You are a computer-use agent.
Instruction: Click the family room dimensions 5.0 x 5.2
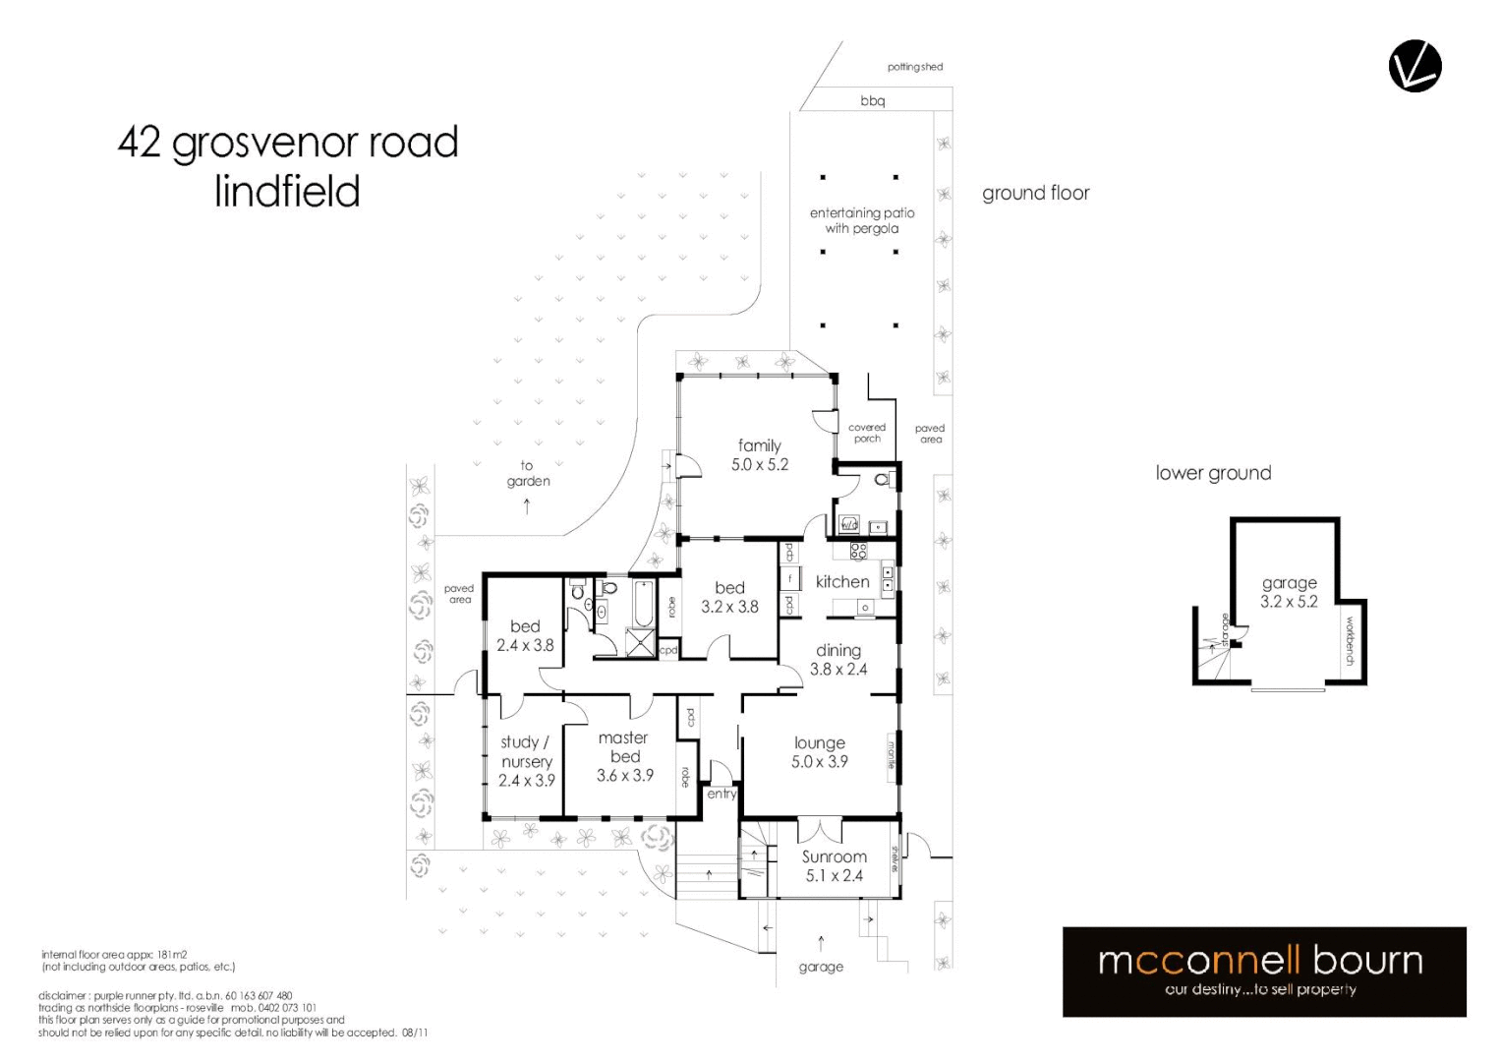(760, 465)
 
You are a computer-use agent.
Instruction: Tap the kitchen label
(842, 581)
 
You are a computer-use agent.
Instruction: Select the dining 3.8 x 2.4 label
(838, 660)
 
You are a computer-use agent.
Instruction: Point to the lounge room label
(820, 743)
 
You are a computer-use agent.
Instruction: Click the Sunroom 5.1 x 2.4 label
(835, 866)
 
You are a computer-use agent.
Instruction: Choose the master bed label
(624, 746)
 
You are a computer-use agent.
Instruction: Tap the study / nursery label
(526, 751)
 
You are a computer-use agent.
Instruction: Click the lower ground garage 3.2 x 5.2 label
(1289, 592)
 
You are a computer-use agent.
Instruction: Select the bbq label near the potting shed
(873, 100)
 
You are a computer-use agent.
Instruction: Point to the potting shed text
(914, 67)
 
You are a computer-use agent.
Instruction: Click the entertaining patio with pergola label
(862, 220)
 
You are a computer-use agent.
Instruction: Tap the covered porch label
(867, 433)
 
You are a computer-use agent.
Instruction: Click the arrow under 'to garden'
(527, 506)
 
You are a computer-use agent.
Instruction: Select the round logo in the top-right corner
(1415, 67)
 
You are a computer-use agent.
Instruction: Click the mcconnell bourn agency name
(1260, 960)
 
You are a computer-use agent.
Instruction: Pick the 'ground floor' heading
(1036, 193)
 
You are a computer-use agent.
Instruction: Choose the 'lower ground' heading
(1213, 473)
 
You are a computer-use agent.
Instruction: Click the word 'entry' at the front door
(722, 794)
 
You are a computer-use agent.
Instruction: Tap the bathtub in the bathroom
(643, 604)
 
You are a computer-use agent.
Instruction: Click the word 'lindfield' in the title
(287, 191)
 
